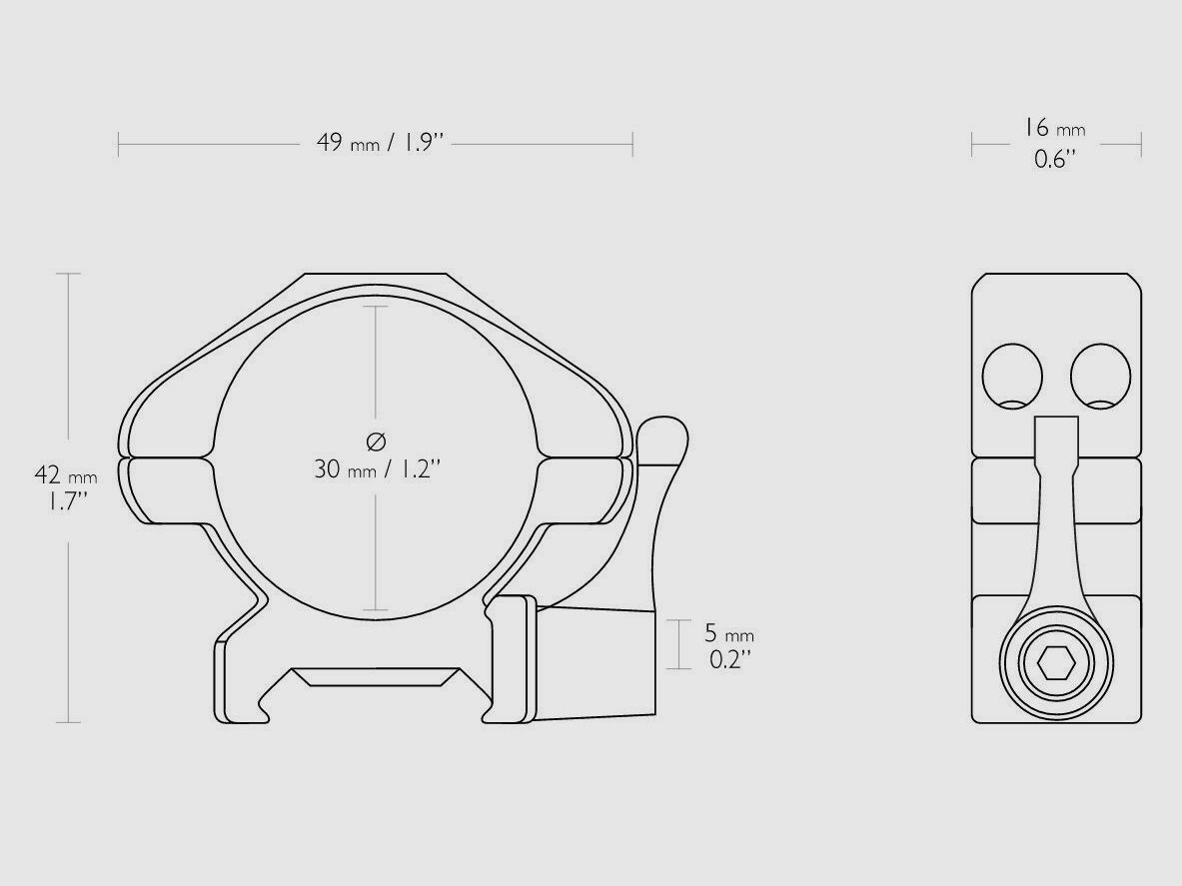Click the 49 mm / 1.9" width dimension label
click(380, 143)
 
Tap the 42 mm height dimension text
click(66, 475)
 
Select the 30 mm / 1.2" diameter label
click(376, 469)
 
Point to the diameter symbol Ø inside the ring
click(376, 440)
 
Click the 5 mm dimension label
click(729, 632)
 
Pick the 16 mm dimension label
click(1054, 128)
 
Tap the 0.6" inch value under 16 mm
click(1054, 159)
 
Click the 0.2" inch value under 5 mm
click(730, 660)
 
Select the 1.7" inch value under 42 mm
click(65, 502)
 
